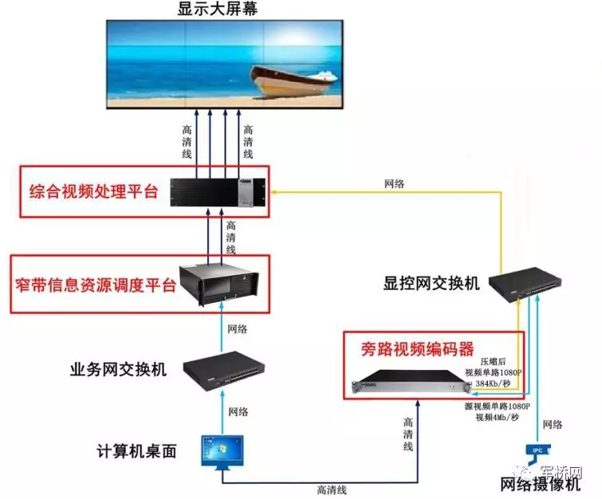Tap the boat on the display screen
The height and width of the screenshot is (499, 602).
coord(292,77)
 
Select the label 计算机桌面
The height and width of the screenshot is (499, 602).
coord(134,451)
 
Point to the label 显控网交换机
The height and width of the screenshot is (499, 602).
coord(431,283)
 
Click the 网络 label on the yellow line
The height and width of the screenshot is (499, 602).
coord(393,183)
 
